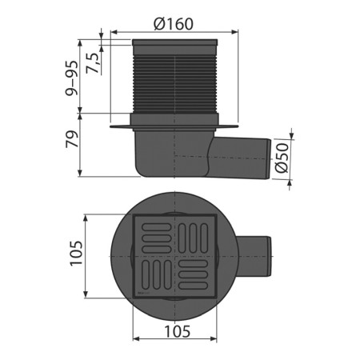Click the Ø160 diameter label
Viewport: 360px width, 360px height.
pos(174,24)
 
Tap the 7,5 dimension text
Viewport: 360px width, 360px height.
pos(93,63)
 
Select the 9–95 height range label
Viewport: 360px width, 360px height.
pos(72,78)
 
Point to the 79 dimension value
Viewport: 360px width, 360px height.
pos(72,139)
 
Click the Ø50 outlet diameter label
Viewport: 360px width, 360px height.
pos(282,158)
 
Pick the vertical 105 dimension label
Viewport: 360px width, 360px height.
pos(76,253)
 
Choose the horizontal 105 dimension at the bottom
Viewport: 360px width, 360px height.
pos(178,332)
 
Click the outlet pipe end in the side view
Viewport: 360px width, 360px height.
pos(268,158)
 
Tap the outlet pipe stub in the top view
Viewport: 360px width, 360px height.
pos(254,257)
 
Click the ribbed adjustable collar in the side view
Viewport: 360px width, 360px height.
pos(174,84)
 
